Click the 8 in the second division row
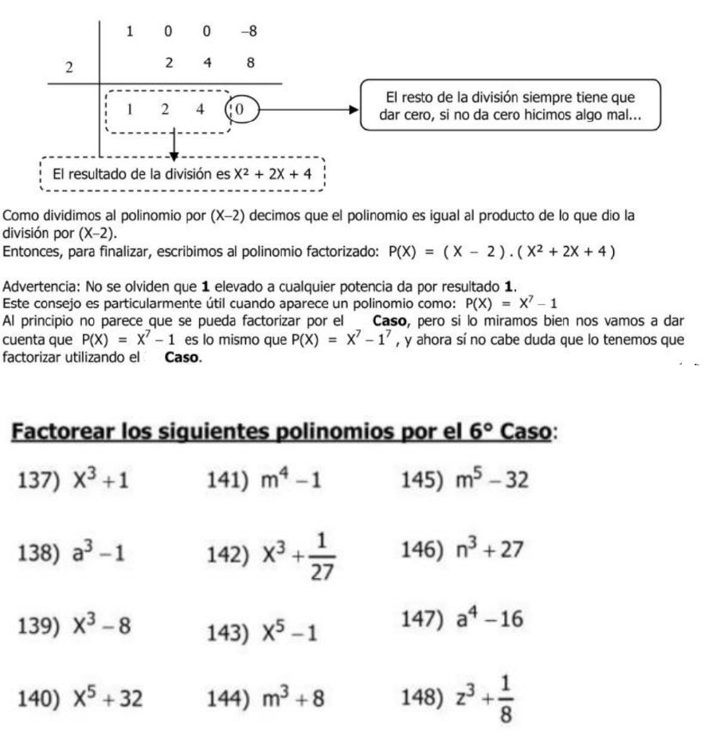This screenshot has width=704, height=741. pyautogui.click(x=250, y=61)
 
